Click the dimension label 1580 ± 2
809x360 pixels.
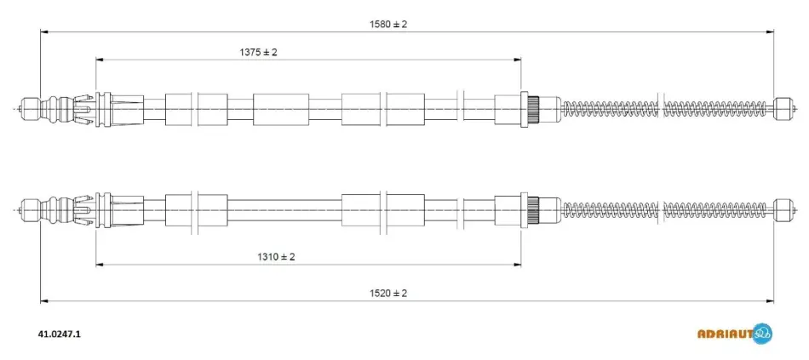pos(388,24)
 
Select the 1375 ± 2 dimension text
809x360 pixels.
pos(258,52)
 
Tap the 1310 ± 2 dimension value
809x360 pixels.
pos(276,257)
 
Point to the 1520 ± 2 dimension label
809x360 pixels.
pos(388,294)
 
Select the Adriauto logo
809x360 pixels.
pos(735,333)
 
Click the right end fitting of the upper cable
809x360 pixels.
pos(782,109)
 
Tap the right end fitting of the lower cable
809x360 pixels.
pos(782,209)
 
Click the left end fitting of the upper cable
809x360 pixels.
pos(30,109)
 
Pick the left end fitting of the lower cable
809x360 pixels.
pos(30,209)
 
